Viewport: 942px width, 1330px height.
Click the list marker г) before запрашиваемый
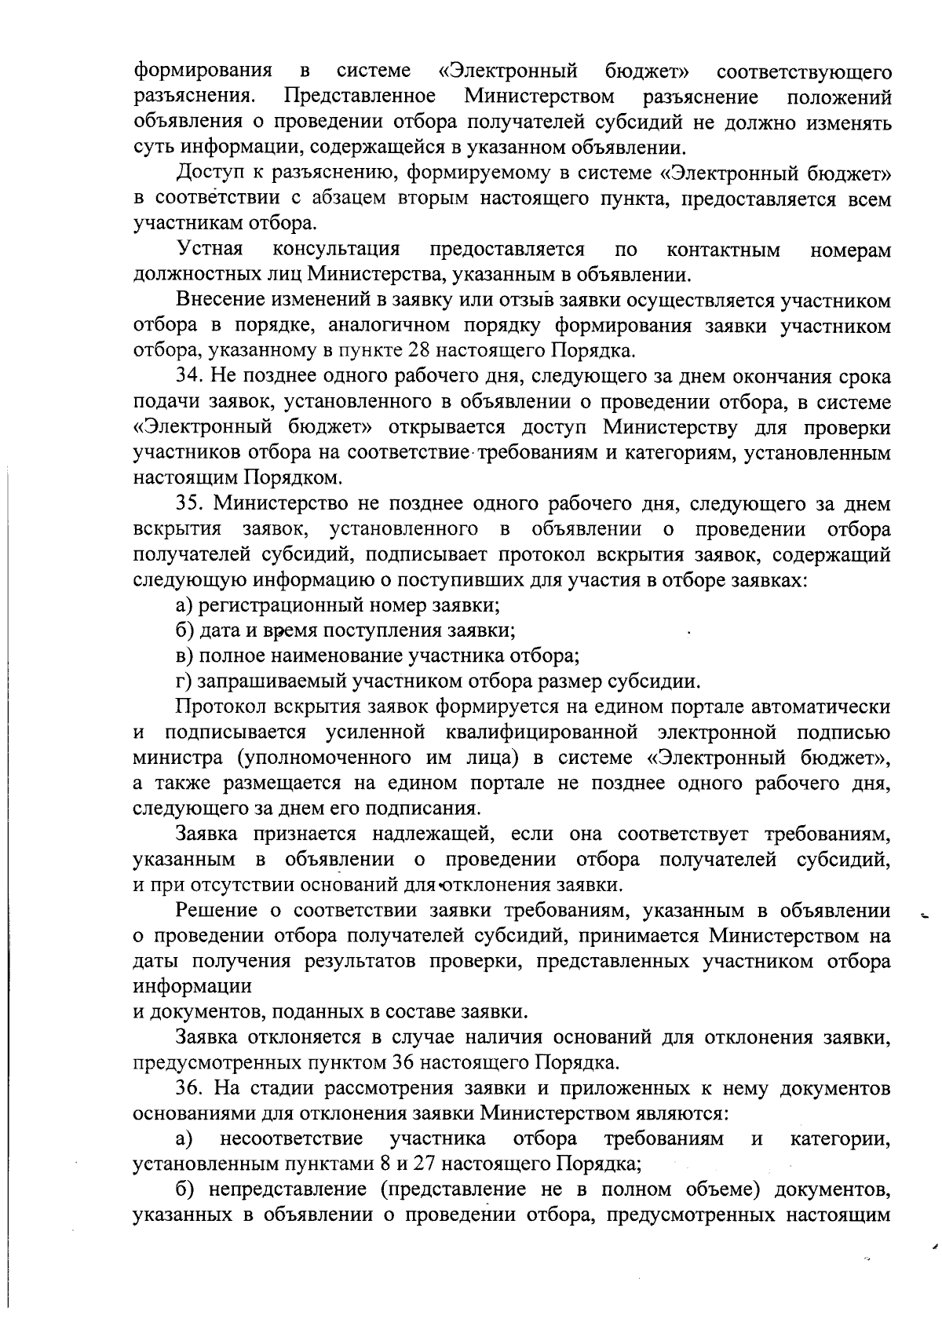(x=184, y=681)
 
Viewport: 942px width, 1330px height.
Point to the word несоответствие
(x=292, y=1138)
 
